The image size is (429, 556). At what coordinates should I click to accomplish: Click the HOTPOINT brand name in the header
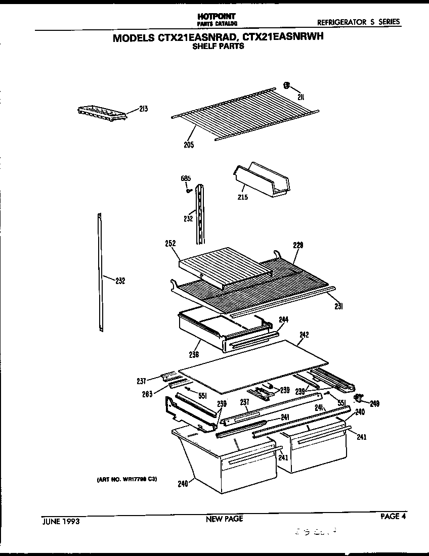click(217, 17)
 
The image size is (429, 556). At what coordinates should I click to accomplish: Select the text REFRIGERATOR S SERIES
click(358, 22)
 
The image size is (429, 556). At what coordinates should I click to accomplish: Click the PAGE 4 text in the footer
click(393, 516)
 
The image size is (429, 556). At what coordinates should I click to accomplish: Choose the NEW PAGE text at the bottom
click(224, 519)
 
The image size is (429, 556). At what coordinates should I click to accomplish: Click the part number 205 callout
click(188, 145)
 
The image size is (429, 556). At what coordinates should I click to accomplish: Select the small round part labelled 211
click(286, 86)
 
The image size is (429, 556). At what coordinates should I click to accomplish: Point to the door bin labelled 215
click(263, 180)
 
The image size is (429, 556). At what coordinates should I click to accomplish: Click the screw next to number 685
click(188, 191)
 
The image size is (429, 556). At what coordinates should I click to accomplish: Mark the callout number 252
click(170, 243)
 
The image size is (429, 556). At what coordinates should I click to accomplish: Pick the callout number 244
click(283, 319)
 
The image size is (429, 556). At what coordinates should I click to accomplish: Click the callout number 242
click(304, 334)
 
